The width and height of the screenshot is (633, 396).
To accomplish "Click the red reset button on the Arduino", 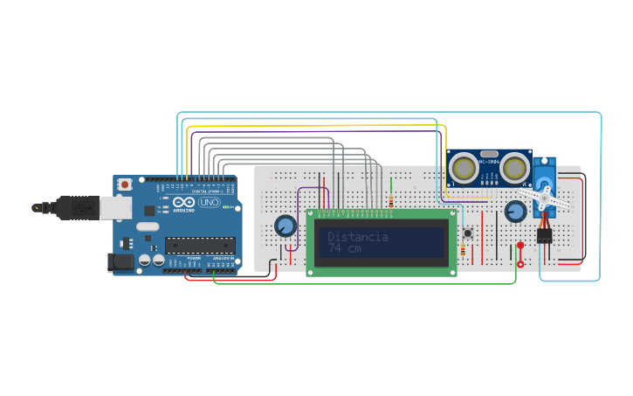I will tap(126, 184).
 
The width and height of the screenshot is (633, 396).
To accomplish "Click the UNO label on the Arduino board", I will tap(210, 202).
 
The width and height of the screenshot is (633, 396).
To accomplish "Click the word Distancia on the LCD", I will tap(358, 237).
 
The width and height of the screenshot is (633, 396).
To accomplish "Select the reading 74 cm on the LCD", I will tap(346, 249).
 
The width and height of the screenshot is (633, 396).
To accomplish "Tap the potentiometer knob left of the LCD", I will tap(285, 226).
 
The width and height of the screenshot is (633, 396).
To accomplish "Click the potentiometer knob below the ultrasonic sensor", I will tap(515, 212).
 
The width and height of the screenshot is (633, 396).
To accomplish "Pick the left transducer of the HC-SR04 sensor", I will tap(464, 167).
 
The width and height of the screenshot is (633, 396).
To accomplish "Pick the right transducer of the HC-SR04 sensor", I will tap(515, 167).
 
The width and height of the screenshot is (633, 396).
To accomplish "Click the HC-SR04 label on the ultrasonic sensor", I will tap(489, 161).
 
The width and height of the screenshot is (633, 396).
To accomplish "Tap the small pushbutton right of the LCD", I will tap(468, 233).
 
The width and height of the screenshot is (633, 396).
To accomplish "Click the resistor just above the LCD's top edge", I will tap(390, 202).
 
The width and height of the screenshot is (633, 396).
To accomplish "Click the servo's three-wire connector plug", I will tap(545, 235).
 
